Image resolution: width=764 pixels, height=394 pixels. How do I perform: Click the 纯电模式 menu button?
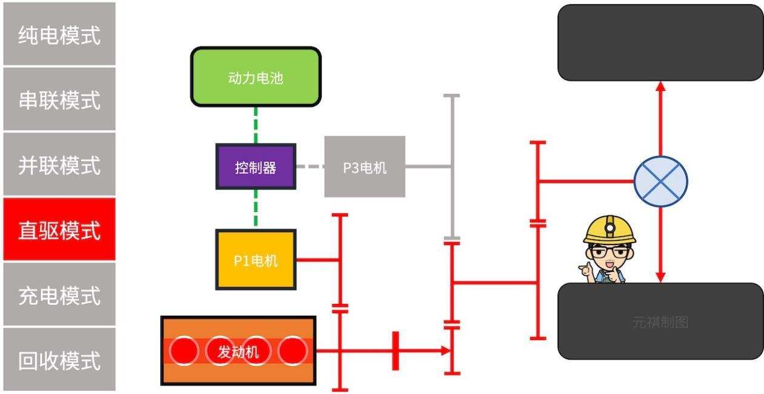click(59, 34)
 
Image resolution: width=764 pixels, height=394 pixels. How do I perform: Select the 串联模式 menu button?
click(59, 99)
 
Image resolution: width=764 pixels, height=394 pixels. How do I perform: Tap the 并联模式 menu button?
click(59, 165)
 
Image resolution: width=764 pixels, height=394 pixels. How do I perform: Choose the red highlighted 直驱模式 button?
click(59, 230)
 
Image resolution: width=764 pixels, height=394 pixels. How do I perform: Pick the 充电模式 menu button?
click(59, 295)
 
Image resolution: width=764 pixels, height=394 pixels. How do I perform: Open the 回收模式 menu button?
click(59, 361)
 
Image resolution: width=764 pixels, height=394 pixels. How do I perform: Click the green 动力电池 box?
click(256, 77)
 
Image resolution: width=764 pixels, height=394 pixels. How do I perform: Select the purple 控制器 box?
click(256, 167)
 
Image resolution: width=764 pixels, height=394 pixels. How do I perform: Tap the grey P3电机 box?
click(365, 167)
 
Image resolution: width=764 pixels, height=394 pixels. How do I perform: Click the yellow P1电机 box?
click(256, 260)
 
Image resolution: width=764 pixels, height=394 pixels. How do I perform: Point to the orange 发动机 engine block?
click(238, 351)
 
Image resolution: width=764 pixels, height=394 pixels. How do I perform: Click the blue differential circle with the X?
click(660, 180)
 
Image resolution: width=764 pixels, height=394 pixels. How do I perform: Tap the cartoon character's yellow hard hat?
click(610, 230)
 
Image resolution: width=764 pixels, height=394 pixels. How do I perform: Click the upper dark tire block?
click(660, 42)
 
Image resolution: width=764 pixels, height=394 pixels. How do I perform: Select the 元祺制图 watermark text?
click(660, 323)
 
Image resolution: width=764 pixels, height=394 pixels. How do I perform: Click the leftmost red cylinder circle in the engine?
click(184, 350)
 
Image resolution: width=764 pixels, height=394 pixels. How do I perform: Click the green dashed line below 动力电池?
click(256, 125)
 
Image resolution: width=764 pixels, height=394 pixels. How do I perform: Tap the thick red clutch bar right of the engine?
click(396, 350)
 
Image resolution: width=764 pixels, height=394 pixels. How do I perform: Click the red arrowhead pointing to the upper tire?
click(660, 87)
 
